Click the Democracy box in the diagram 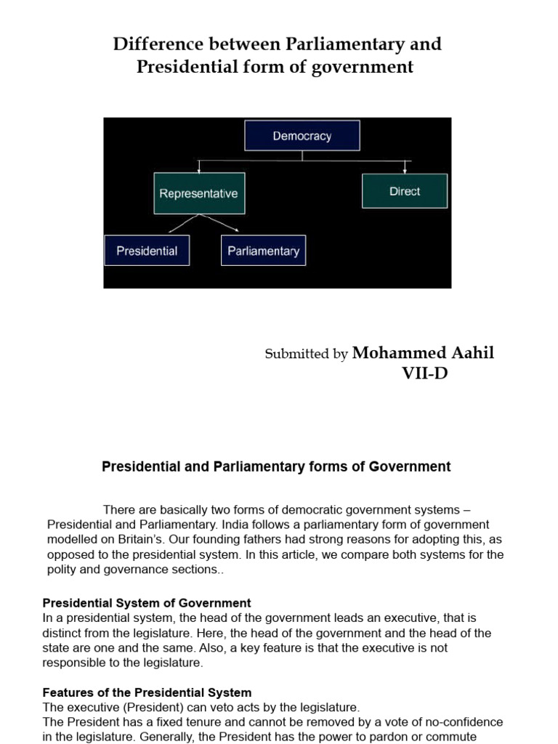(302, 136)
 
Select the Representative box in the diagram (198, 193)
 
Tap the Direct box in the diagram (405, 191)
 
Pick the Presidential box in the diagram (147, 251)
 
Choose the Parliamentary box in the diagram (263, 251)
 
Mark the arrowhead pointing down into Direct (405, 170)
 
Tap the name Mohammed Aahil (423, 353)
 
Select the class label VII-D (425, 374)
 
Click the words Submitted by (306, 355)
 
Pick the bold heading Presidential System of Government (147, 603)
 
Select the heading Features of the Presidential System (147, 692)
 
